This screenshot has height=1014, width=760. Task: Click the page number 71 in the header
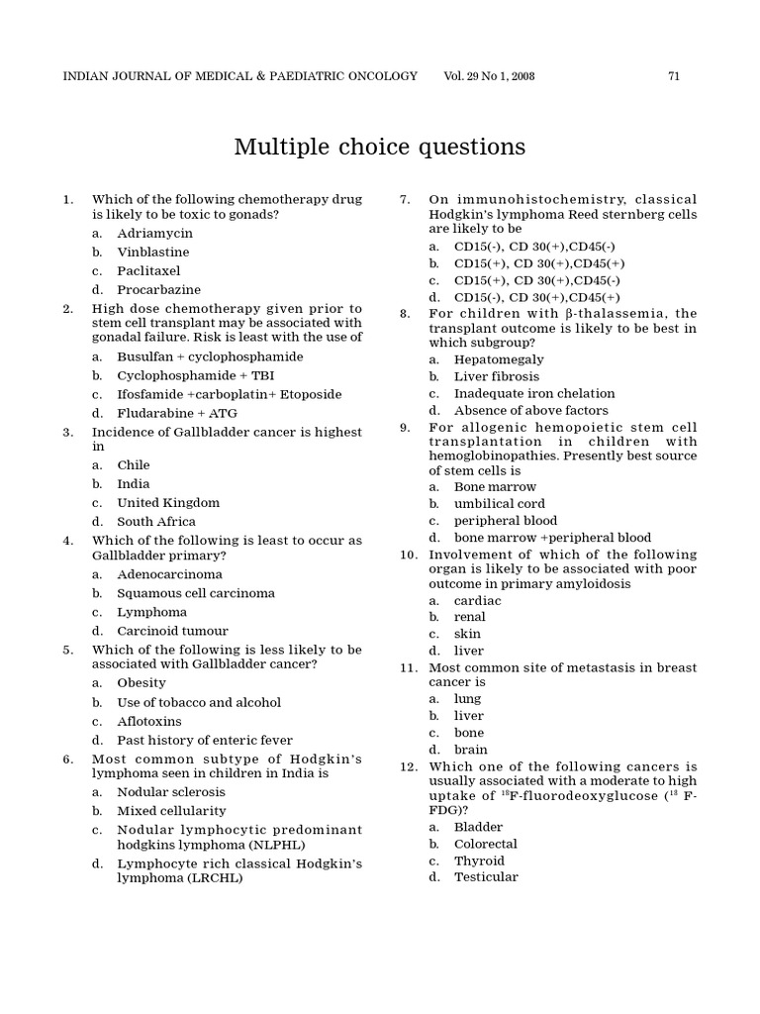673,76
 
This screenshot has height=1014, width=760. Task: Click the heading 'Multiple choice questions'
379,148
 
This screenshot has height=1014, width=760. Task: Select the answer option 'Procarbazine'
158,290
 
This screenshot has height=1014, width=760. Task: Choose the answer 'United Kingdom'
168,503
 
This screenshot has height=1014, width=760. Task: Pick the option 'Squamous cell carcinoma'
196,593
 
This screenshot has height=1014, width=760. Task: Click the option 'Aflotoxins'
149,721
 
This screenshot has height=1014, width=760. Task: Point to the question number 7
405,199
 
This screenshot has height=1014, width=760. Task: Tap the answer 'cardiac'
477,601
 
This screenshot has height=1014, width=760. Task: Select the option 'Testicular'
486,877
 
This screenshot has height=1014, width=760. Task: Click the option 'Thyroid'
478,861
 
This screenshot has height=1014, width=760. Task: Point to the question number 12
409,766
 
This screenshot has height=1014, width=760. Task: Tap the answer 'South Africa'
156,522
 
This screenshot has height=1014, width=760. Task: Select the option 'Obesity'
142,683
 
